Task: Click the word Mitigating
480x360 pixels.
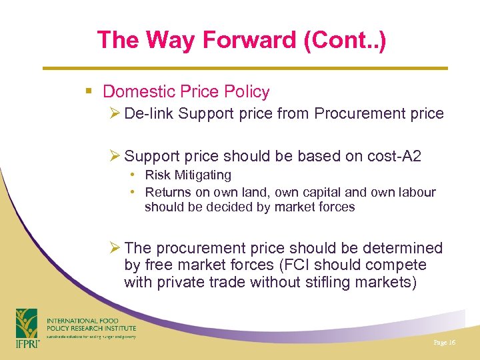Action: (x=203, y=175)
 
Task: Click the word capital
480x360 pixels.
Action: (x=319, y=192)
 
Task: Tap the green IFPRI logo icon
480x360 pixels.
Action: (x=27, y=323)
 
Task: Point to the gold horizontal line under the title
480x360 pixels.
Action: (x=245, y=68)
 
